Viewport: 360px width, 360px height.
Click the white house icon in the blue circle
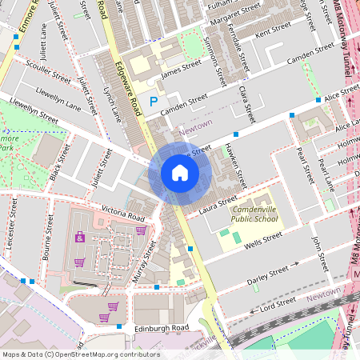pyautogui.click(x=180, y=173)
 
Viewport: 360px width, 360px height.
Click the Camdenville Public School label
pyautogui.click(x=255, y=213)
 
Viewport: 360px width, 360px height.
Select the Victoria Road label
pyautogui.click(x=122, y=213)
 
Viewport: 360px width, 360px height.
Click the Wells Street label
pyautogui.click(x=263, y=238)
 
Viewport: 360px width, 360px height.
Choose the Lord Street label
pyautogui.click(x=278, y=305)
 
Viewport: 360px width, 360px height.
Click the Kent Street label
pyautogui.click(x=272, y=26)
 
